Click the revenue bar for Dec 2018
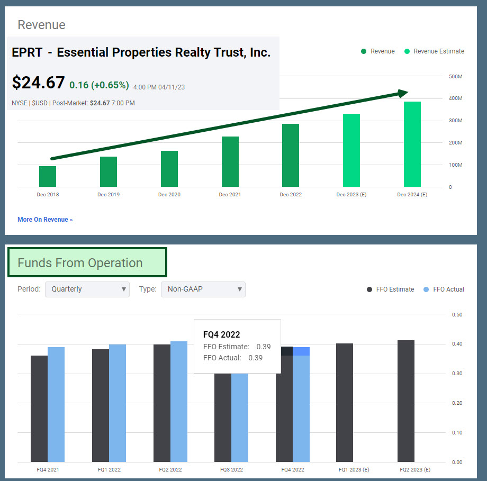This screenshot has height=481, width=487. pyautogui.click(x=48, y=176)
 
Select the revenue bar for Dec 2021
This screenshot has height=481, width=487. pyautogui.click(x=230, y=161)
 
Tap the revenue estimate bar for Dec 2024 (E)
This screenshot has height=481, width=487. pyautogui.click(x=412, y=144)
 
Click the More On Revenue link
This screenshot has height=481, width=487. pyautogui.click(x=45, y=220)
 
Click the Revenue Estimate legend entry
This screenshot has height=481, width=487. pyautogui.click(x=434, y=51)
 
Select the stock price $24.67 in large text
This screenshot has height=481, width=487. pyautogui.click(x=38, y=83)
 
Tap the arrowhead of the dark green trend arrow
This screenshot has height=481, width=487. pyautogui.click(x=403, y=93)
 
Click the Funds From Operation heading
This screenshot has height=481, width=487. pyautogui.click(x=80, y=263)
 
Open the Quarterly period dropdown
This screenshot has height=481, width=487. pyautogui.click(x=87, y=289)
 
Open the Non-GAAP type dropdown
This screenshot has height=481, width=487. pyautogui.click(x=203, y=289)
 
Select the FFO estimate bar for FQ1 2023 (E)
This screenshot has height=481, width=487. pyautogui.click(x=345, y=402)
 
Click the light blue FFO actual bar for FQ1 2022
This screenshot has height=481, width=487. pyautogui.click(x=118, y=403)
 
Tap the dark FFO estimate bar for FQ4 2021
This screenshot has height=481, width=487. pyautogui.click(x=39, y=408)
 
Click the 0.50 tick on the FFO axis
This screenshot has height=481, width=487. pyautogui.click(x=457, y=314)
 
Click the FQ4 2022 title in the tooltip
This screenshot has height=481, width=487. pyautogui.click(x=221, y=334)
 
